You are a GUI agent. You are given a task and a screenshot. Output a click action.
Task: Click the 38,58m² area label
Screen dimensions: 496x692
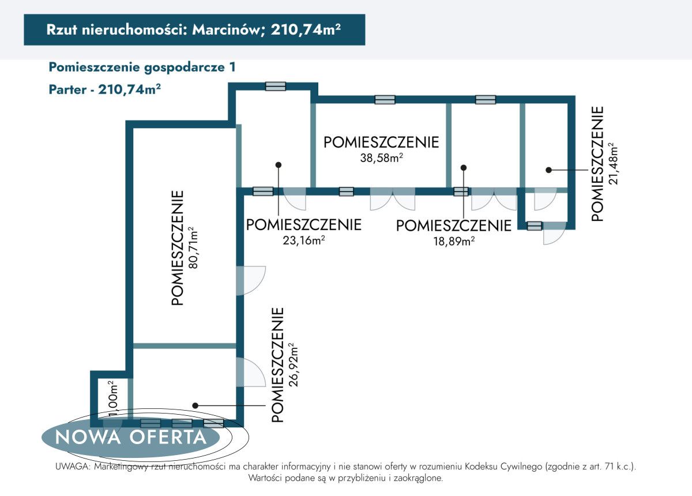[381, 158]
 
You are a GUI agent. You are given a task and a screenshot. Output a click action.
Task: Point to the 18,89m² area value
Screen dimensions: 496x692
[454, 241]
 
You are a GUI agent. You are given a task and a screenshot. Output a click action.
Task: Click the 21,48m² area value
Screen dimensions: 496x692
[613, 163]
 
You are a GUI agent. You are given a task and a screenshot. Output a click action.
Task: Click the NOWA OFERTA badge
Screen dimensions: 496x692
[131, 437]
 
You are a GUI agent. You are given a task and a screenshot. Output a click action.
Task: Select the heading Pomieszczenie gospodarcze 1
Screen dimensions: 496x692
[142, 67]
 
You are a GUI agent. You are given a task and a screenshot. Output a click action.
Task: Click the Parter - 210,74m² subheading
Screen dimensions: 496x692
[104, 90]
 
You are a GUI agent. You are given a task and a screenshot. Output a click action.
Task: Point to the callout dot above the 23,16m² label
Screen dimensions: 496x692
[279, 165]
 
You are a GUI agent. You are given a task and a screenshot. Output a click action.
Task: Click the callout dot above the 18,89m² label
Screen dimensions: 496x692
[463, 168]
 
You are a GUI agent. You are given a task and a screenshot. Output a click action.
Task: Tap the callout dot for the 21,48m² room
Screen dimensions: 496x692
[549, 170]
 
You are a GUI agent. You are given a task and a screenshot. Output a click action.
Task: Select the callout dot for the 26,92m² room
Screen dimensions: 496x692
[195, 405]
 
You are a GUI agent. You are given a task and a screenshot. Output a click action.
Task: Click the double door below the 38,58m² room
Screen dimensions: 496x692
[392, 200]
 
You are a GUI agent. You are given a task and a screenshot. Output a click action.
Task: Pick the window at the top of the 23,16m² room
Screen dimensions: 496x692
[276, 87]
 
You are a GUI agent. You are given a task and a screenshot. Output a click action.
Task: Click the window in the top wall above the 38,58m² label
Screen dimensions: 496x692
[385, 99]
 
